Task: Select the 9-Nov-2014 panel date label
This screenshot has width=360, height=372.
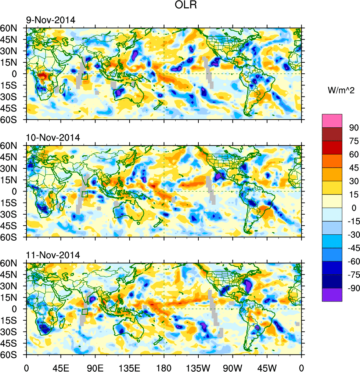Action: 50,20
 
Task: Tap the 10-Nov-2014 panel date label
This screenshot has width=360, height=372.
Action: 53,138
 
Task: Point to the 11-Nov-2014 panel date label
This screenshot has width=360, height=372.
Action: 53,255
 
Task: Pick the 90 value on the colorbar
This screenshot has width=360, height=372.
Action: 353,127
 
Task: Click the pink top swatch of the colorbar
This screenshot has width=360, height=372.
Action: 332,121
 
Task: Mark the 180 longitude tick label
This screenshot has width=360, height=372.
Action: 164,367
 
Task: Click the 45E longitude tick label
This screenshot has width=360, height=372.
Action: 61,367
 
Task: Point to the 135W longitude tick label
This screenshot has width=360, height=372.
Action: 198,367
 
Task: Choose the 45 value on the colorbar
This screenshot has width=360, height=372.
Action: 353,168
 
